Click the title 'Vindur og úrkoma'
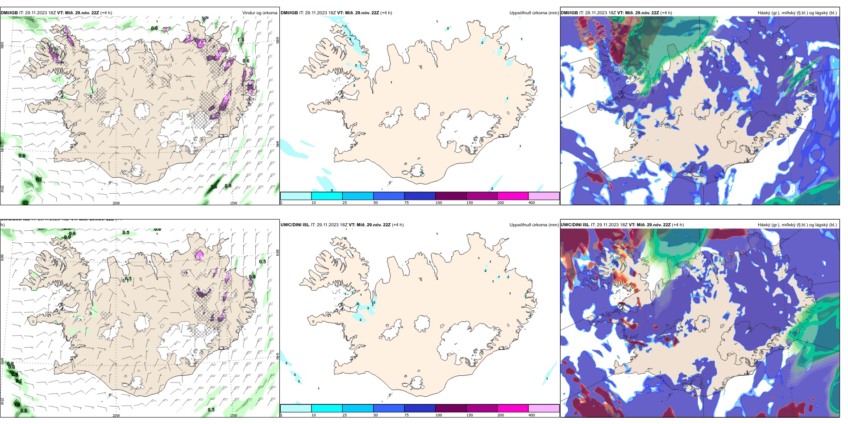259,13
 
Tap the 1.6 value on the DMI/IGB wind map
214,187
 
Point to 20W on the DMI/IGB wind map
116,203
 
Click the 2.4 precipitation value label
15,374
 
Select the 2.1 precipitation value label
19,381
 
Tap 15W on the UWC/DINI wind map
233,416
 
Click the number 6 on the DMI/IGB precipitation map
332,191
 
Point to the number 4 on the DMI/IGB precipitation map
350,39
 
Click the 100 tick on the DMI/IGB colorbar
439,203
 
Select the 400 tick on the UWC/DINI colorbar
532,415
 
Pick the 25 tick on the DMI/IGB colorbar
345,203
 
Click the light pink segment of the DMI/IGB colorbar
544,196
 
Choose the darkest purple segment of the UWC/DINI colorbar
450,408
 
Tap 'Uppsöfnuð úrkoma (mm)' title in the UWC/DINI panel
534,225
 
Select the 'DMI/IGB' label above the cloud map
569,13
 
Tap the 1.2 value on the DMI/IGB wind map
38,179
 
